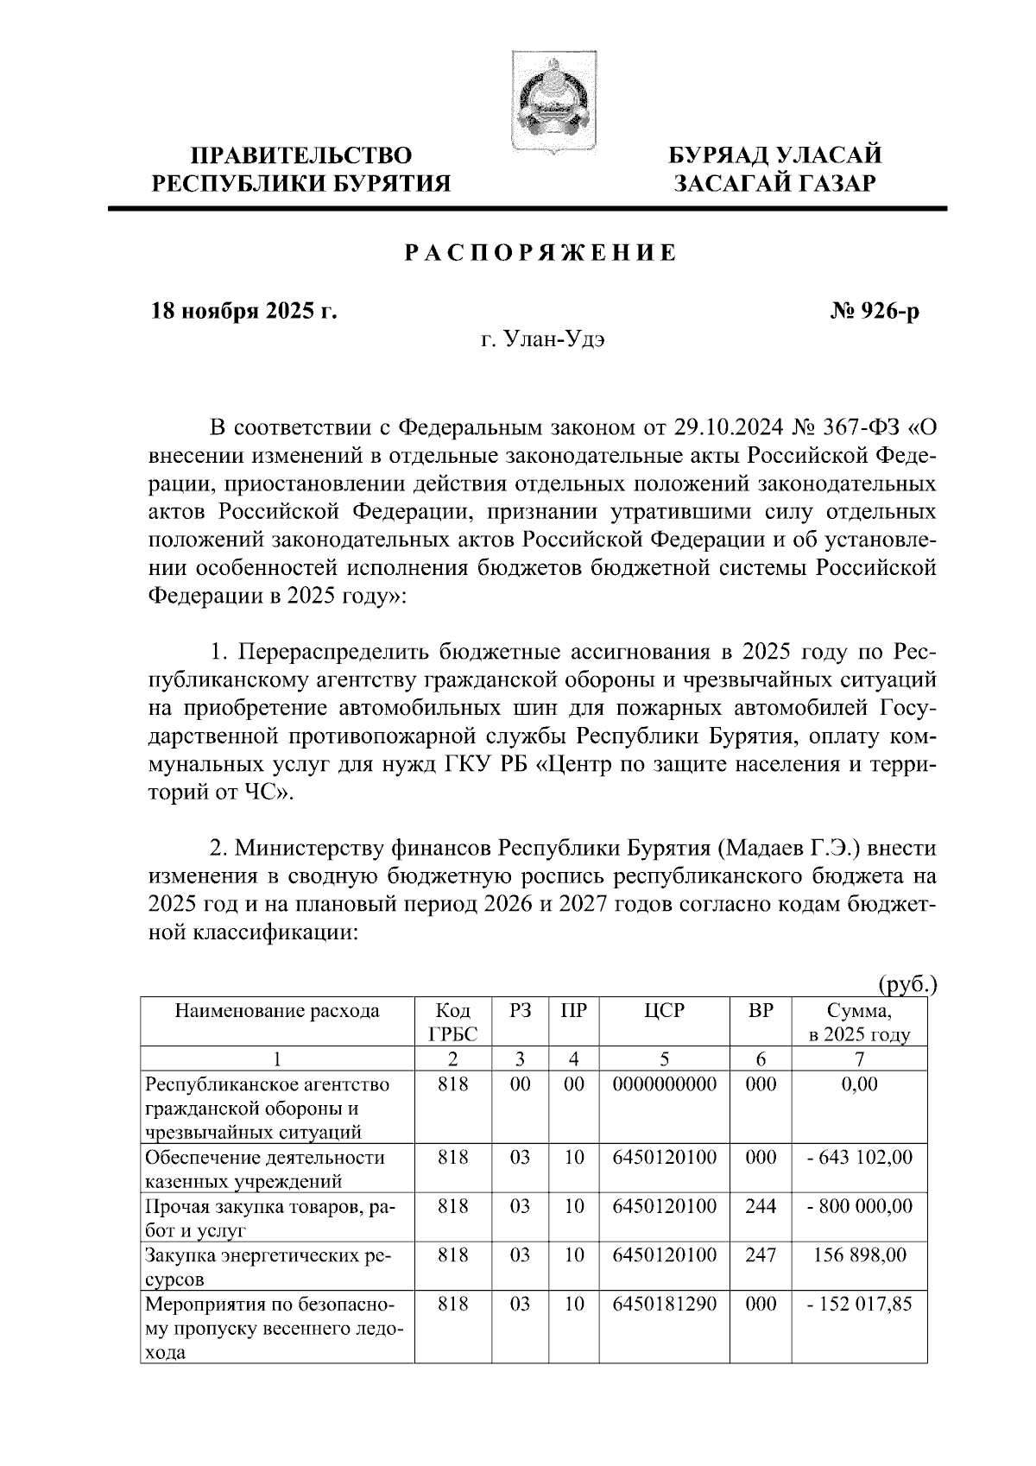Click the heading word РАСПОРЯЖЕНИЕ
540,254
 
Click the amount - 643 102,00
859,1157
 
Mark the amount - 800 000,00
859,1206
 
